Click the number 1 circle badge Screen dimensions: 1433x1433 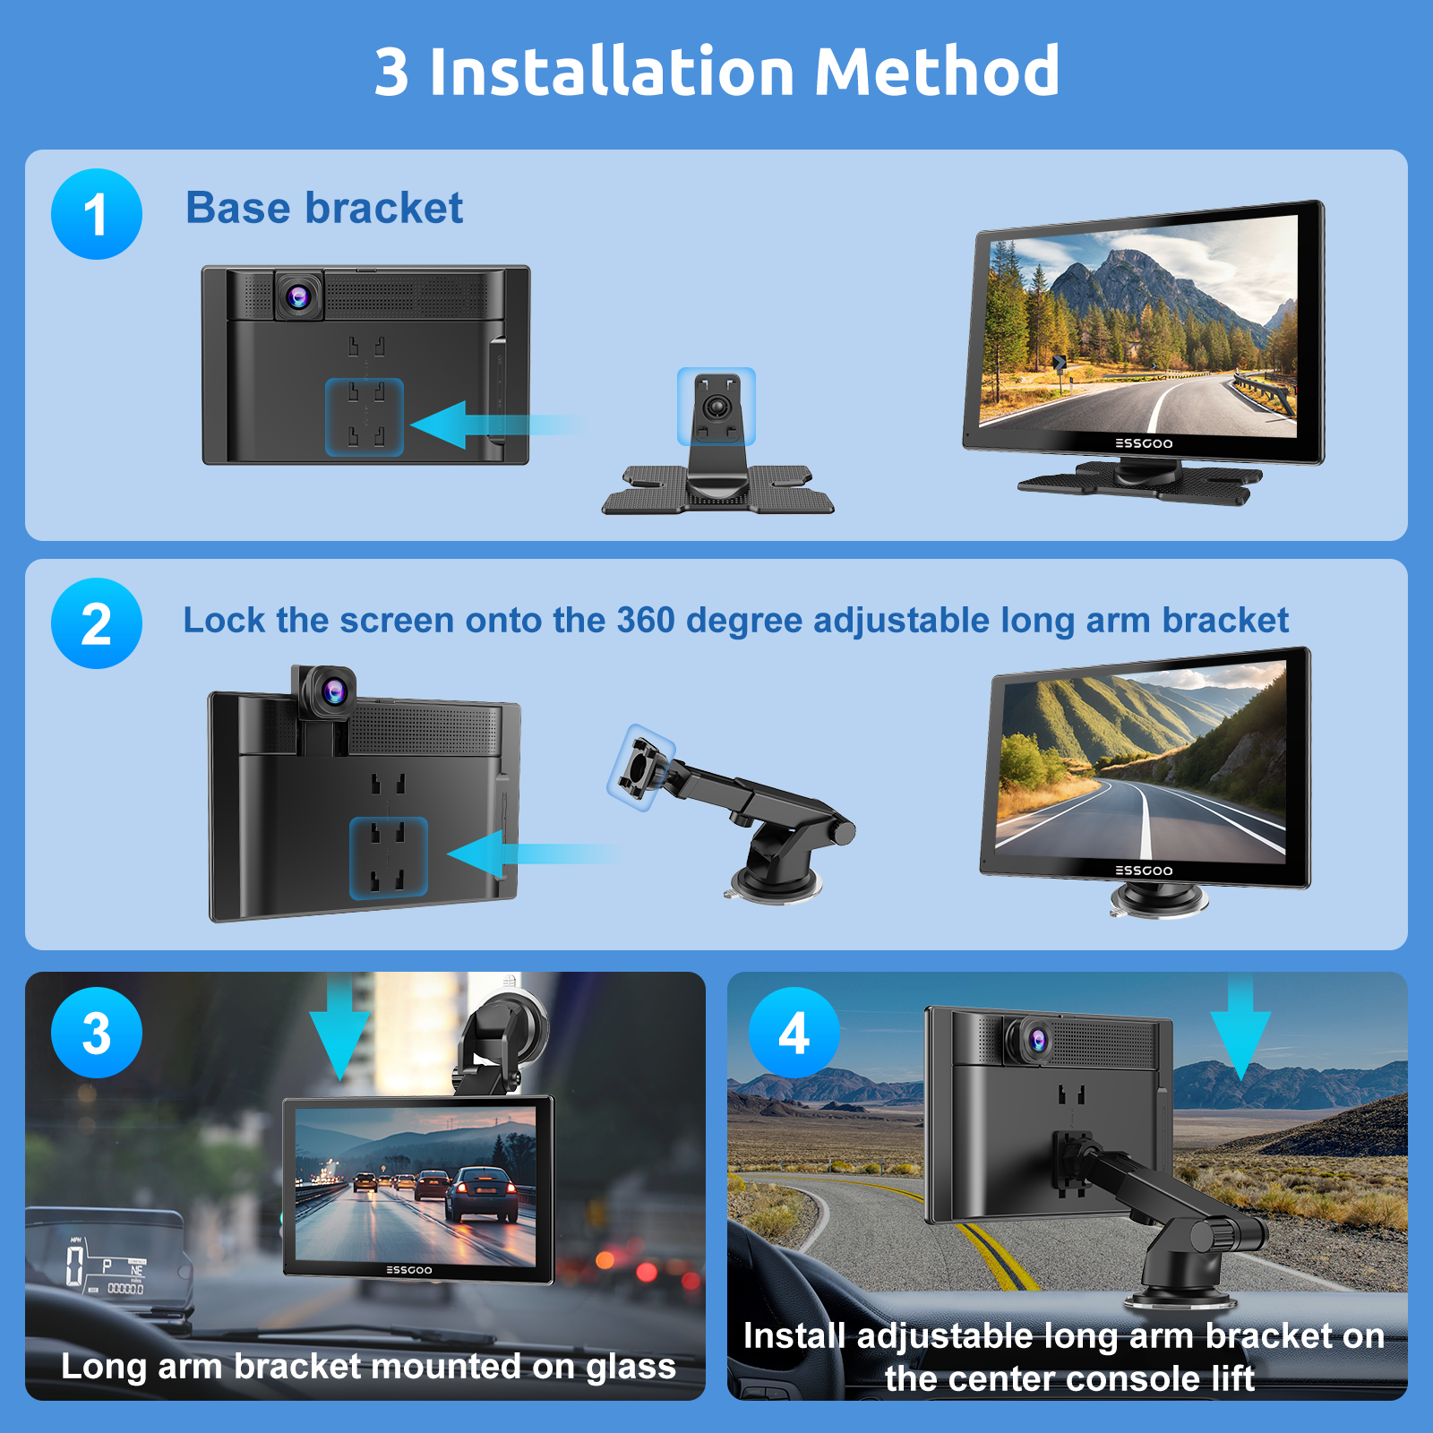coord(97,214)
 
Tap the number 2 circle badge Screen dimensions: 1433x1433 coord(97,623)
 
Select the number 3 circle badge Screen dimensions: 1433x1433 coord(97,1033)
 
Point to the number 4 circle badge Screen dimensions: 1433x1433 coord(794,1033)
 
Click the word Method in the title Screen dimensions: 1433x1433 coord(937,72)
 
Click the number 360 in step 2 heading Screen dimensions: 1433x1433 coord(646,620)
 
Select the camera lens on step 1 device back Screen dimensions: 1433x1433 coord(298,296)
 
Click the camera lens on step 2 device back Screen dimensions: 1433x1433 coord(334,691)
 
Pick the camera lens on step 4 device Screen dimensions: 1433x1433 coord(1038,1040)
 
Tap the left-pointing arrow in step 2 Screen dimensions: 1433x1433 coord(528,854)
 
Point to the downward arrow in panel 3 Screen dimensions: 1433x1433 coord(339,1028)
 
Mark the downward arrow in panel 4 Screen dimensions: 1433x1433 coord(1240,1028)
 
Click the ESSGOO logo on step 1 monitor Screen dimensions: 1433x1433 coord(1144,443)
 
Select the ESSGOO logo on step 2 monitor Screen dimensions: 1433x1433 coord(1144,871)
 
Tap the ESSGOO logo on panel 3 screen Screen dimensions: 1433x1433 coord(409,1270)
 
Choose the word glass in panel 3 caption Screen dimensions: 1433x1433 coord(631,1368)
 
